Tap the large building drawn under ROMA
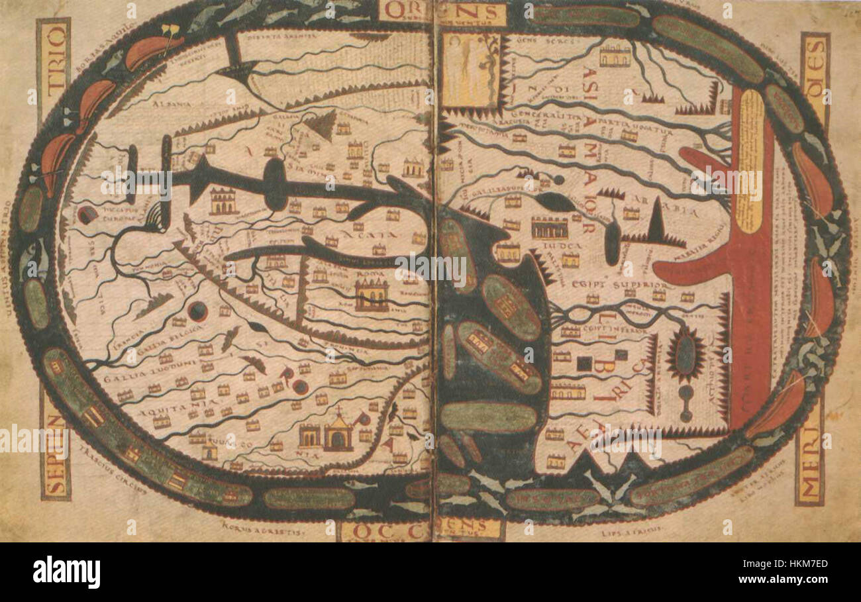click(x=372, y=295)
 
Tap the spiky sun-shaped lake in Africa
click(x=685, y=355)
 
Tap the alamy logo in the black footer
click(x=66, y=572)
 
